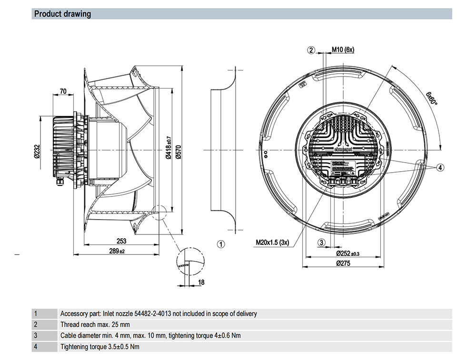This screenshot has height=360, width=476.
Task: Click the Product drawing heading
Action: coord(62,14)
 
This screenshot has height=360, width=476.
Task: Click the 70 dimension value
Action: coord(63,91)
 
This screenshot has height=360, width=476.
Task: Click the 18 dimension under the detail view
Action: coord(201,282)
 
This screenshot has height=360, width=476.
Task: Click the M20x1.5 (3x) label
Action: coord(272,243)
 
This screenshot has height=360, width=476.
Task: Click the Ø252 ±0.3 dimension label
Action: coord(348,253)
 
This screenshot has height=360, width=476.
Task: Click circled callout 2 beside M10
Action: coord(311,50)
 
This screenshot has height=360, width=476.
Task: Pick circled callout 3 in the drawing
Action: coord(322,243)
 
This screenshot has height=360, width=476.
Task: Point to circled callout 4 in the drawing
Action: coord(440,167)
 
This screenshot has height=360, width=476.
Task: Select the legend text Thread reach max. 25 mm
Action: coord(95,325)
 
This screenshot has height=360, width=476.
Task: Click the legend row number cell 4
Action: coord(36,347)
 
